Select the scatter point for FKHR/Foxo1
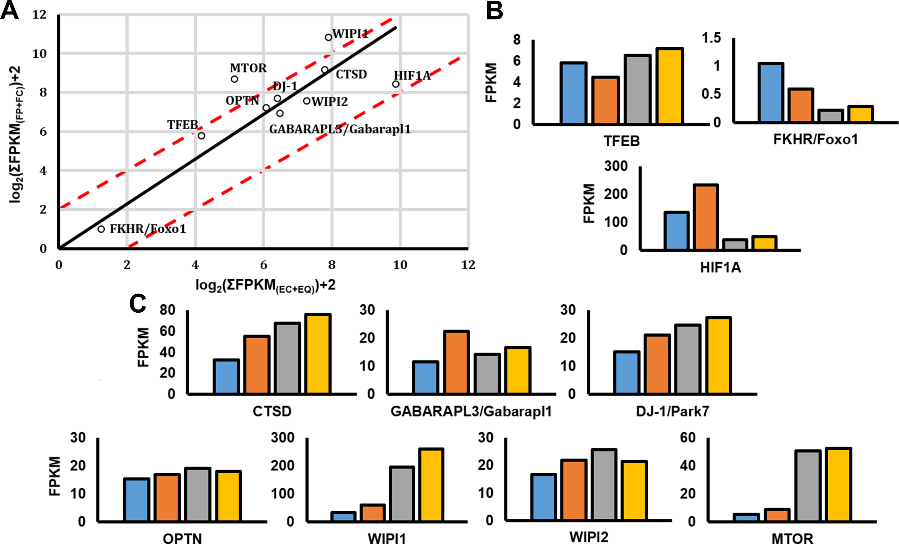tap(102, 229)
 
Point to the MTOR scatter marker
tap(234, 79)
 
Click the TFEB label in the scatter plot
tap(182, 125)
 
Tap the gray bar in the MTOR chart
tap(808, 486)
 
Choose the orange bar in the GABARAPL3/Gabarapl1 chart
tap(457, 362)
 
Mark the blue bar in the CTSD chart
tap(226, 376)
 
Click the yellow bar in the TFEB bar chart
tap(670, 86)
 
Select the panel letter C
tap(138, 304)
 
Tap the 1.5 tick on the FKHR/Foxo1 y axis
tap(712, 38)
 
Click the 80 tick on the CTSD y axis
tap(168, 310)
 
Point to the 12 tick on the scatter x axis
tap(468, 265)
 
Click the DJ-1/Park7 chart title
tap(672, 412)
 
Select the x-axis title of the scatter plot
tap(265, 285)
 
